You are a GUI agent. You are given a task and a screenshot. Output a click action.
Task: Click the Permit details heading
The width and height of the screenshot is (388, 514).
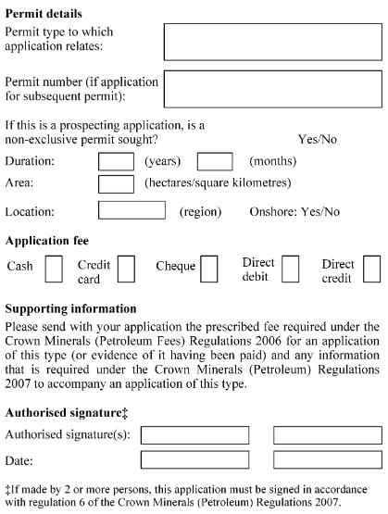coord(44,14)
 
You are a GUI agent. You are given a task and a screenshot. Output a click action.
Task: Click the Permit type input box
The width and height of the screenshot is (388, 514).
coord(272,42)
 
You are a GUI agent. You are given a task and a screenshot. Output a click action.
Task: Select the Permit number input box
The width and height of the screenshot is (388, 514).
coord(272,89)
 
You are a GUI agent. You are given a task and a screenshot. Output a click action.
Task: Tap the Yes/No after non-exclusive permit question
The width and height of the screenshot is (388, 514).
coord(318,138)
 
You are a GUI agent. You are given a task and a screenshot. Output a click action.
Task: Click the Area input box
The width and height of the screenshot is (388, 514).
coord(116,183)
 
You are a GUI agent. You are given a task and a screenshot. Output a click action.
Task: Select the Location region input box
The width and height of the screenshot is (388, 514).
coord(131,210)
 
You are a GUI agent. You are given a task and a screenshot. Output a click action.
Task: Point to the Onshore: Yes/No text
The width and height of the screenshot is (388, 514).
coord(294,211)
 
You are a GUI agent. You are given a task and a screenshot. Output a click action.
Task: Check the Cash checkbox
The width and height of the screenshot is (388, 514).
coord(54,269)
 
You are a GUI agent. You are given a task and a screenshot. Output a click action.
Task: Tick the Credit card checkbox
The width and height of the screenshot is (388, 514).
coord(126,269)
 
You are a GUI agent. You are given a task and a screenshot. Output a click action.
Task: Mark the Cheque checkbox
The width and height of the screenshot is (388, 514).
coord(209,269)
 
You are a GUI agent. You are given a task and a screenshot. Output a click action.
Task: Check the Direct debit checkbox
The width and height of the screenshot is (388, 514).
coord(291,269)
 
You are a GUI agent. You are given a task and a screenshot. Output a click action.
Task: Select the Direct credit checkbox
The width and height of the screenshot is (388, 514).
coord(371,269)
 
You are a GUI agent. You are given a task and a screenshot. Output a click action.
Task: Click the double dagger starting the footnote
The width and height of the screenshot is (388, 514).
coord(7,490)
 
